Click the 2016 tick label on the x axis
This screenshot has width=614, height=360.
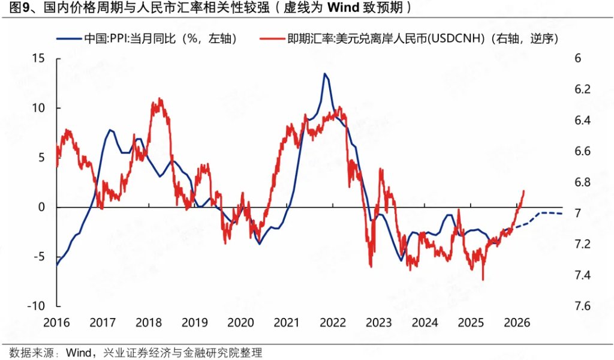[x=56, y=322]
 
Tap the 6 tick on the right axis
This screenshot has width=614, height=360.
[x=577, y=58]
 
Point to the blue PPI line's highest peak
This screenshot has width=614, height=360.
[x=324, y=74]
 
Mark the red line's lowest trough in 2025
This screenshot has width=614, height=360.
[x=483, y=279]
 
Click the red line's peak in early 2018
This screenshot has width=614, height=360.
[x=159, y=99]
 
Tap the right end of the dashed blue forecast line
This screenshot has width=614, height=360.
[x=562, y=214]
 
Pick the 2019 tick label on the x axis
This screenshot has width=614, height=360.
[x=195, y=322]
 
